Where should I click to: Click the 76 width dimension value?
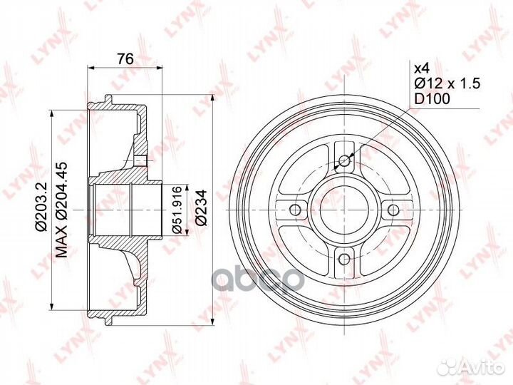coord(125,60)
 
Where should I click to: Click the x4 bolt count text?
coord(421,68)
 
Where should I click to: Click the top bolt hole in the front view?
coord(344,160)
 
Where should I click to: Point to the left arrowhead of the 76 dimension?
coord(90,69)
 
